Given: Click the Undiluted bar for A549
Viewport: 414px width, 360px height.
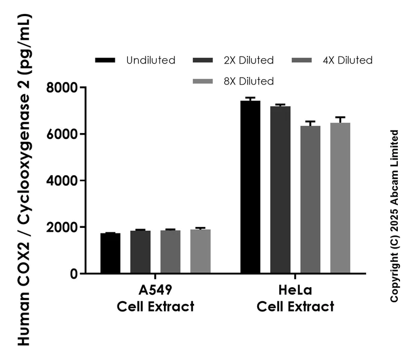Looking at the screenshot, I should (x=110, y=253).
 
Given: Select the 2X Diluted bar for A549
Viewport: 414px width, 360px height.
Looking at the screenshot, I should (x=140, y=252).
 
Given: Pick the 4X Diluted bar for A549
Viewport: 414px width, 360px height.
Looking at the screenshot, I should (x=170, y=252).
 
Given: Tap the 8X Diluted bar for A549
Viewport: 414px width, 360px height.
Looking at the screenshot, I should (x=200, y=252).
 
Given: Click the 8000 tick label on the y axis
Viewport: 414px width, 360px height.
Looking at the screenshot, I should (x=62, y=87).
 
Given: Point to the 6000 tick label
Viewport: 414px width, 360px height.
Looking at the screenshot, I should (x=62, y=134).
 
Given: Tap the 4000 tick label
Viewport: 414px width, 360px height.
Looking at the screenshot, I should (x=62, y=181).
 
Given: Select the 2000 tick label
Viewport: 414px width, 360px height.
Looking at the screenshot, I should (x=62, y=227).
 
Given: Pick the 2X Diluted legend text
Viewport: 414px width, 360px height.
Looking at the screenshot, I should (x=249, y=60).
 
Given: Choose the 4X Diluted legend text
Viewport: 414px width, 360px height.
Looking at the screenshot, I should (x=347, y=60).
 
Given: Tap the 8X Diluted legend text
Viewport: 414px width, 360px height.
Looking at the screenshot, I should (x=249, y=81).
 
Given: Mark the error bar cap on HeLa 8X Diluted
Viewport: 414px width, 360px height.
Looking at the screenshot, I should (x=340, y=117).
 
